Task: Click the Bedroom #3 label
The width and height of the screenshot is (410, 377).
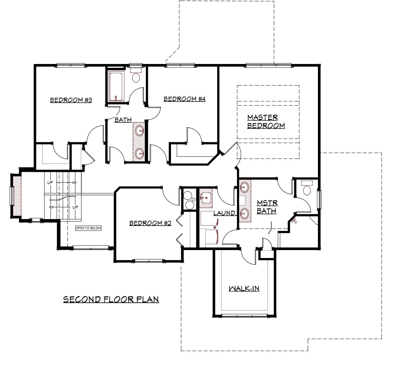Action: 71,100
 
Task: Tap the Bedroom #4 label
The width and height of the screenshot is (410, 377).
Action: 184,99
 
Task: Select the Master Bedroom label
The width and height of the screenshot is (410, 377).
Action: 266,121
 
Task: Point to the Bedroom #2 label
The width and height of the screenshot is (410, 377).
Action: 150,223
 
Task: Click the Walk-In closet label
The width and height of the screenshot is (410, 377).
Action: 244,289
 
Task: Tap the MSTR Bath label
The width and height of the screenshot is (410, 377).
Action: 267,207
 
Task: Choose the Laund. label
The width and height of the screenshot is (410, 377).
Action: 224,213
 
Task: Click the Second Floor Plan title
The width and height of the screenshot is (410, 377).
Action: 111,299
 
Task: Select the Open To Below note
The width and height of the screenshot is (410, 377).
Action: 88,228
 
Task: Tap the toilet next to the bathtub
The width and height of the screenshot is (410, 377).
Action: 136,75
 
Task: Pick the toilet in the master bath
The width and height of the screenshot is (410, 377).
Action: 306,188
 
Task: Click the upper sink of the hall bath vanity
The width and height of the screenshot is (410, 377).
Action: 139,131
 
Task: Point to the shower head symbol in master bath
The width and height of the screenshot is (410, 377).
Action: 294,221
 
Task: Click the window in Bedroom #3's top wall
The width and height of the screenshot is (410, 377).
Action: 70,65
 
